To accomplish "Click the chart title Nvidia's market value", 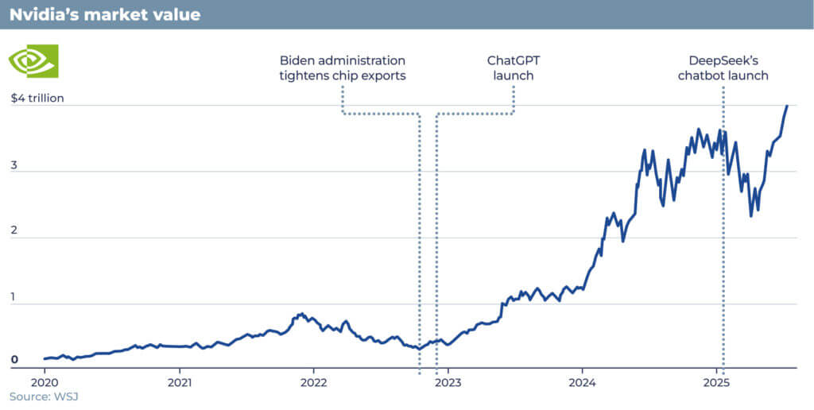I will [105, 14].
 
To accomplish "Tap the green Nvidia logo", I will [33, 60].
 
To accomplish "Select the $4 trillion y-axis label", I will [37, 99].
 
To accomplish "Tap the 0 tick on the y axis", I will [14, 360].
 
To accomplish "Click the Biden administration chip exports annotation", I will [343, 68].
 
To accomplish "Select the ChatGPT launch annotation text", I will [514, 68].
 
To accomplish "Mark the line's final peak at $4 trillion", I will [787, 106].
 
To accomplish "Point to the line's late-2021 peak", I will [301, 314].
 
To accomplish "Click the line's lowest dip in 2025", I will [751, 215].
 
